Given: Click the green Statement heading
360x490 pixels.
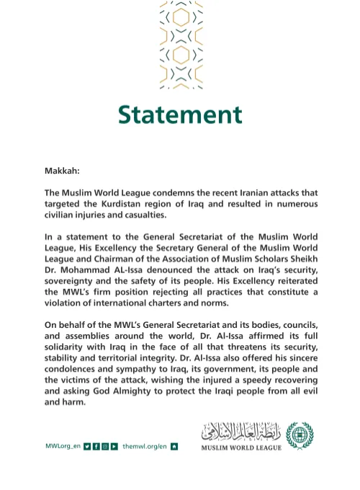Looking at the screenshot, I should (180, 115).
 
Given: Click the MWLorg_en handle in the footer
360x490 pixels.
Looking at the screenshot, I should (62, 447).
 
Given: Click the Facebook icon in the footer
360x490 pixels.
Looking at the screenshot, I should (96, 447).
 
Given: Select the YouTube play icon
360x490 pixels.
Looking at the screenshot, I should (114, 447).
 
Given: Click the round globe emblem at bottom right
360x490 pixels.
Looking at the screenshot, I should (300, 436).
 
